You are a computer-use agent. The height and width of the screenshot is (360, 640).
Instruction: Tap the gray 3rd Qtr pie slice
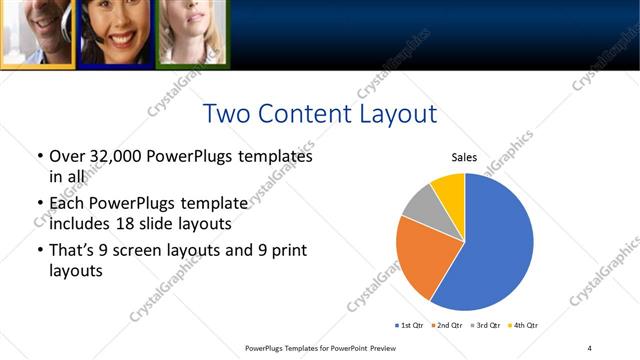(419, 204)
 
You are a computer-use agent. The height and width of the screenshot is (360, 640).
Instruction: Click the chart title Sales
(464, 157)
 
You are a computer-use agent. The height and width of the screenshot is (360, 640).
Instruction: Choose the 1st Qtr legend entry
(411, 326)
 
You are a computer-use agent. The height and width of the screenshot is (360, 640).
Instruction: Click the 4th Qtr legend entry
(523, 326)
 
